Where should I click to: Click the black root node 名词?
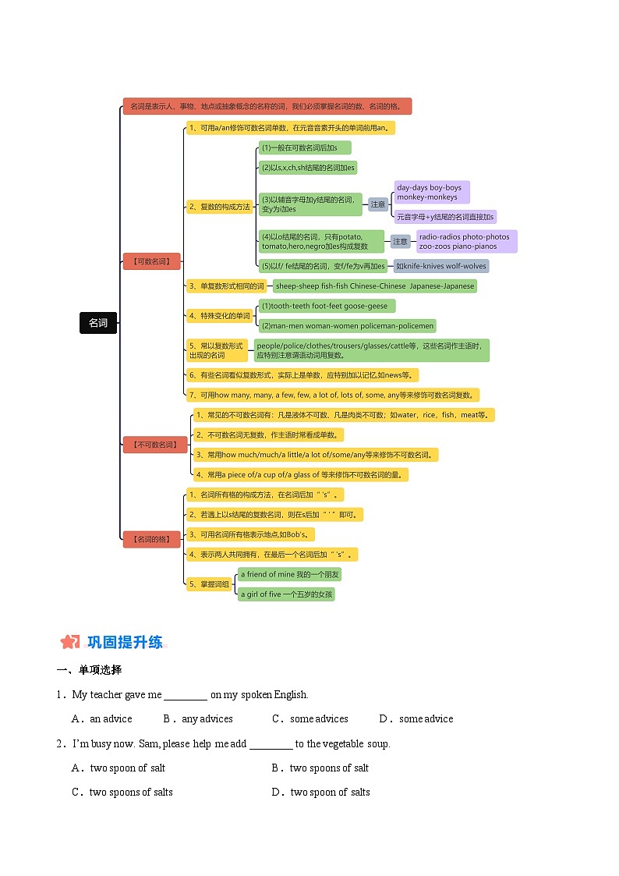[98, 323]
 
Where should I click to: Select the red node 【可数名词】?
[151, 261]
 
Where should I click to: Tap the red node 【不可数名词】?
[155, 445]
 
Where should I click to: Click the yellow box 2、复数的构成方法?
[220, 207]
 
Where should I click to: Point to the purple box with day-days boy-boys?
[431, 193]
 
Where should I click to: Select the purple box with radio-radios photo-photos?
[465, 241]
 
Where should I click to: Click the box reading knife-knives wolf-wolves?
[441, 266]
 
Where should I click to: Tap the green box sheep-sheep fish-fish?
[374, 286]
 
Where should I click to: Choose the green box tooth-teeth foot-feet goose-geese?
[327, 306]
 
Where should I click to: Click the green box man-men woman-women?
[347, 326]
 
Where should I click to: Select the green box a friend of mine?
[289, 574]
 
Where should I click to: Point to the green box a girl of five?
[286, 594]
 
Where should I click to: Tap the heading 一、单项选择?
[89, 670]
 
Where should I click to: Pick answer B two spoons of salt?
[328, 768]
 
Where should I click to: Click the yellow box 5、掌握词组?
[209, 584]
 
